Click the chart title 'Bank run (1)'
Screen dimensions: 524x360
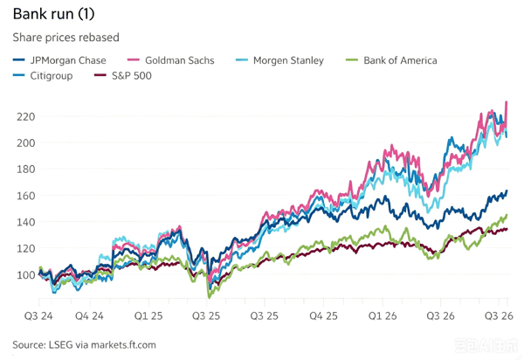coord(53,14)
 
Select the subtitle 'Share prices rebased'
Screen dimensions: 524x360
coord(65,37)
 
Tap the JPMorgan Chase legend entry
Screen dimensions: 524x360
coord(59,60)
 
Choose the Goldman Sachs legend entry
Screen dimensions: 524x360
coord(171,60)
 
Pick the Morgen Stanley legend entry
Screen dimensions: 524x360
coord(279,60)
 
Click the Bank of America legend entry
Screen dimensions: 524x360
coord(391,60)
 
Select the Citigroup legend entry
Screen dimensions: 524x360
coord(43,76)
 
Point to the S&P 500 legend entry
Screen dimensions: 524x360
coord(122,75)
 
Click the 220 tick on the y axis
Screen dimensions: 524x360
coord(25,117)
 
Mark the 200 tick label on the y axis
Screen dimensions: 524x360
coord(25,142)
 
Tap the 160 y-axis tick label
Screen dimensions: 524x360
coord(25,196)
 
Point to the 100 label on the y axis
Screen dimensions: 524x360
coord(25,274)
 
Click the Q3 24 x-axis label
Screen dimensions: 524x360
coord(38,316)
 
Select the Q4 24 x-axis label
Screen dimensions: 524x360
coord(89,316)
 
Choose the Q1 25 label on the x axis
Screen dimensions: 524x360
coord(148,316)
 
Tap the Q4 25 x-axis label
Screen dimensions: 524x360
coord(323,316)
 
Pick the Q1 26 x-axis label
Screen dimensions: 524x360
coord(383,316)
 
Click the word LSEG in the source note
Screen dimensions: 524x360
coord(60,344)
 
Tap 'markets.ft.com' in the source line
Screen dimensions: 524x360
coord(123,344)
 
